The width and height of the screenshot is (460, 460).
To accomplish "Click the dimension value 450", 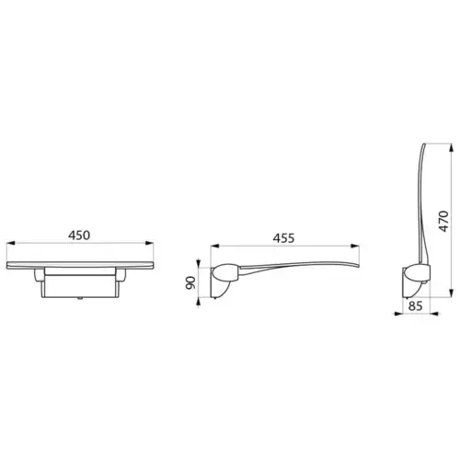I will click(79, 236).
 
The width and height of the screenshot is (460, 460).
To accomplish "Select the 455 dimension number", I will click(282, 237).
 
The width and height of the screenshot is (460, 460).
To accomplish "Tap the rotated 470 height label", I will click(443, 222).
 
